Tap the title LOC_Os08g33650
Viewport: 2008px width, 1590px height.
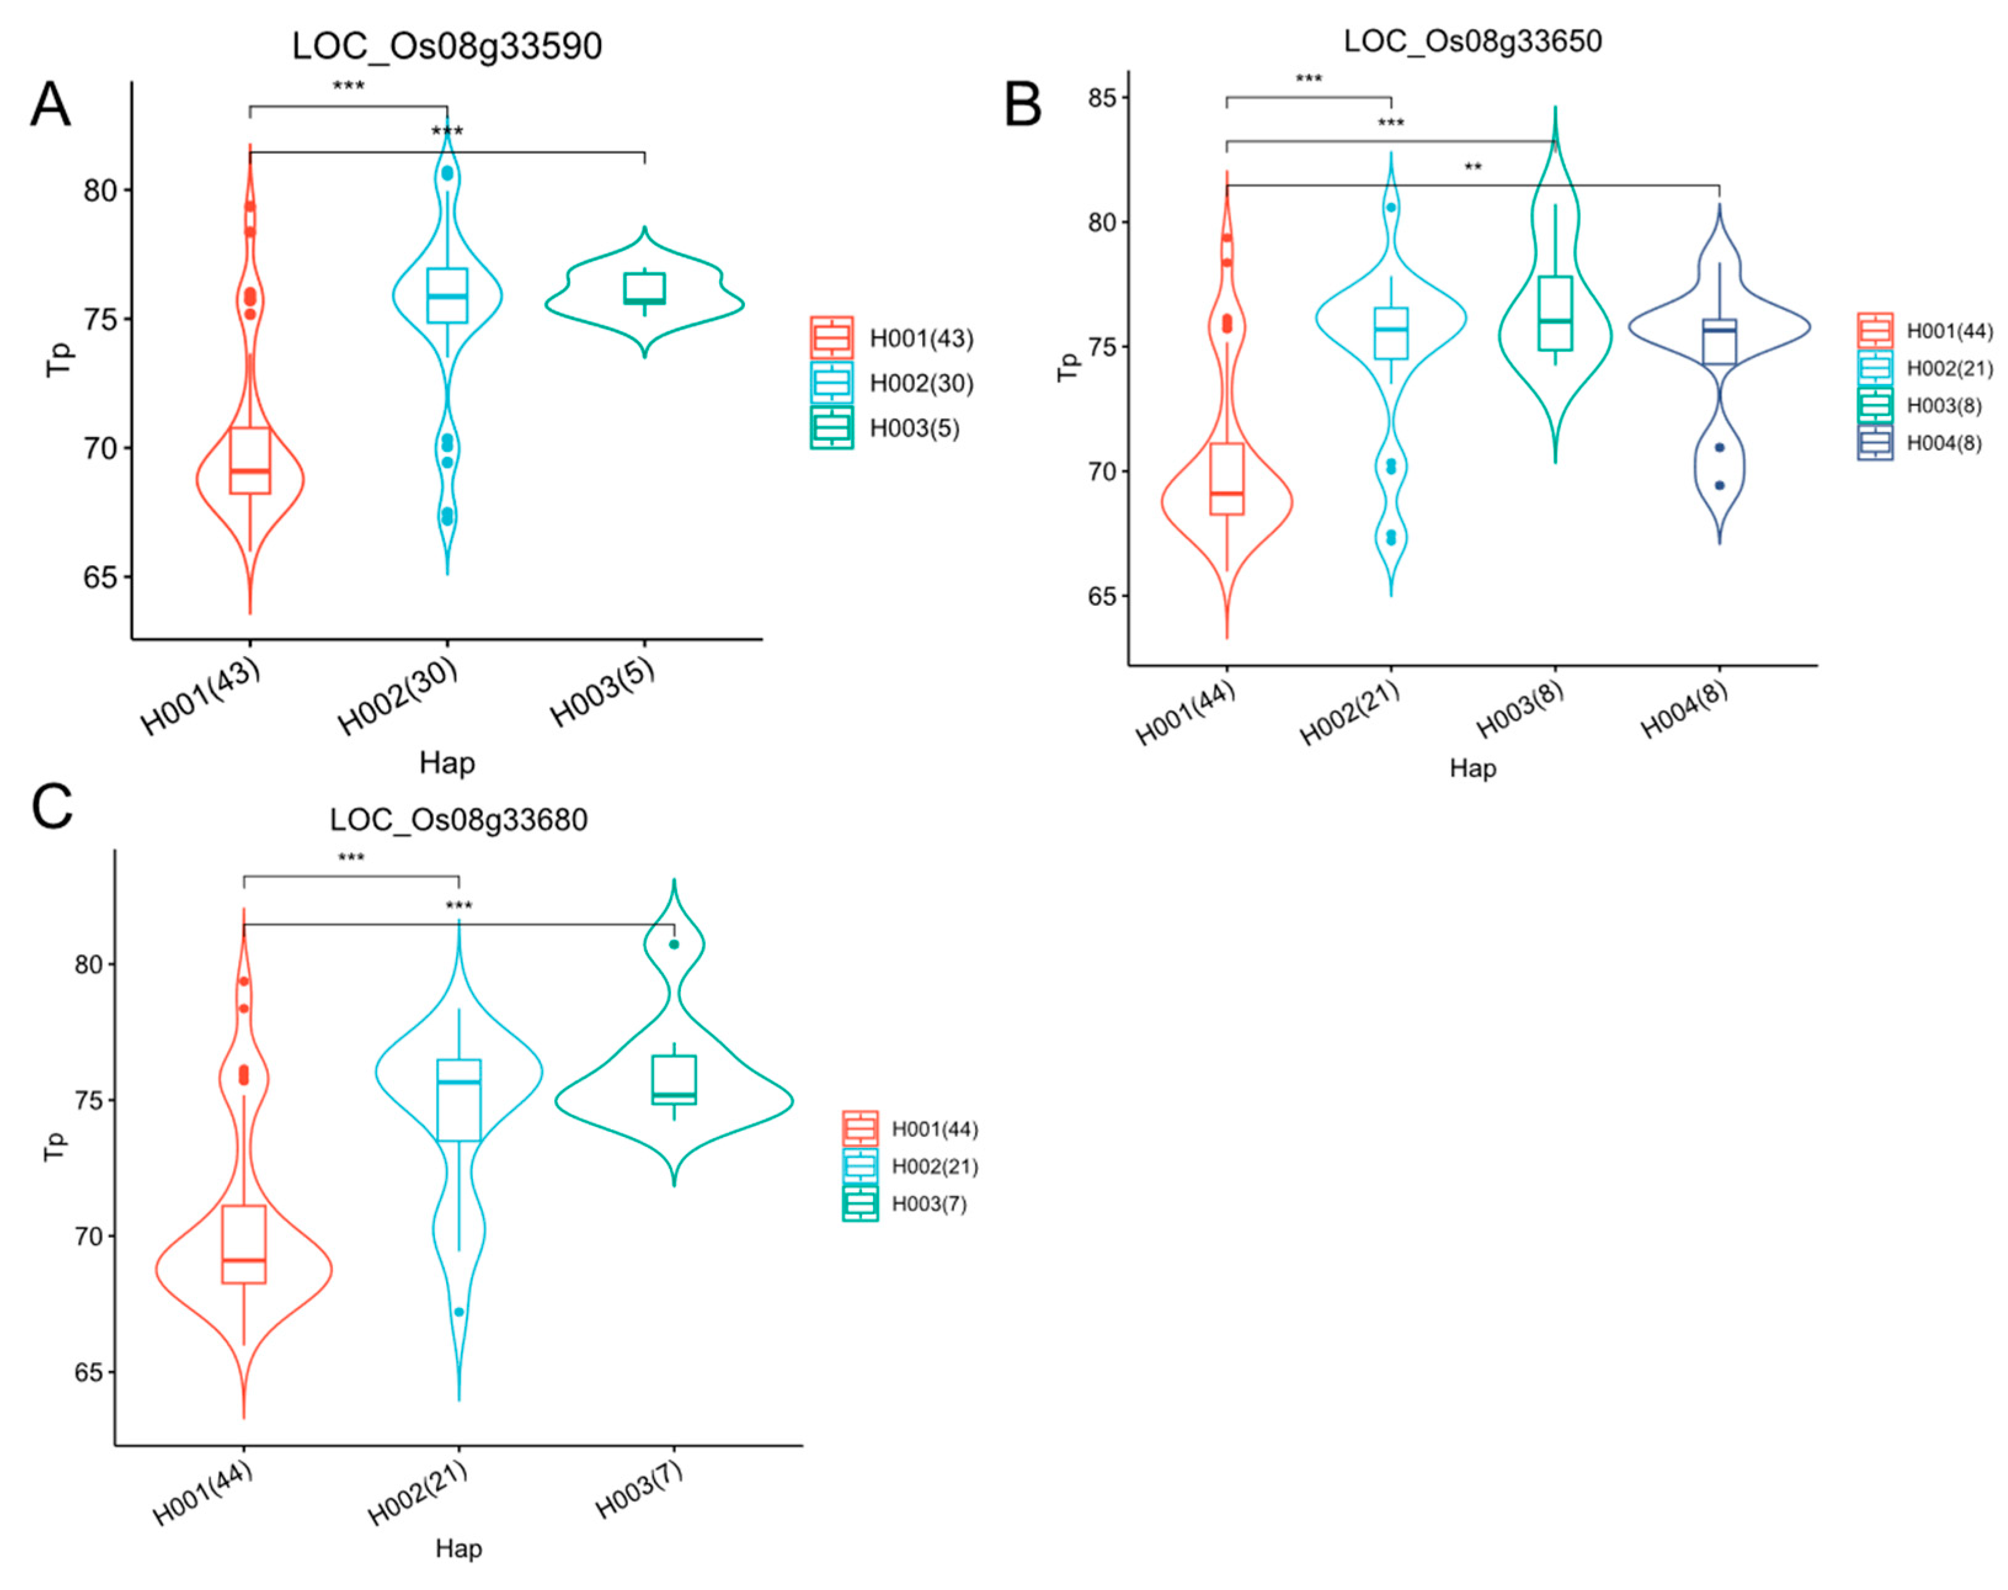pos(1472,41)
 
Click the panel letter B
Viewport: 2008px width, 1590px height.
pos(1022,105)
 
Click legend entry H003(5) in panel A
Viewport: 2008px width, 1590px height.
pos(914,428)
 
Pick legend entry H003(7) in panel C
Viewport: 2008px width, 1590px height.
pos(928,1203)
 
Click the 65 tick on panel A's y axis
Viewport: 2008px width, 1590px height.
pos(100,577)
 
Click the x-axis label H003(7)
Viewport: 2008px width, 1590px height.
pos(639,1490)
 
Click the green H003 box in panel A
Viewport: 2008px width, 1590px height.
pos(644,289)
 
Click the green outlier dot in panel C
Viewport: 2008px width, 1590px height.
pos(674,944)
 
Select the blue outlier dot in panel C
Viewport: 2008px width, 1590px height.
pos(459,1312)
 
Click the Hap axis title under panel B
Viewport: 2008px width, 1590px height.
pos(1472,768)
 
